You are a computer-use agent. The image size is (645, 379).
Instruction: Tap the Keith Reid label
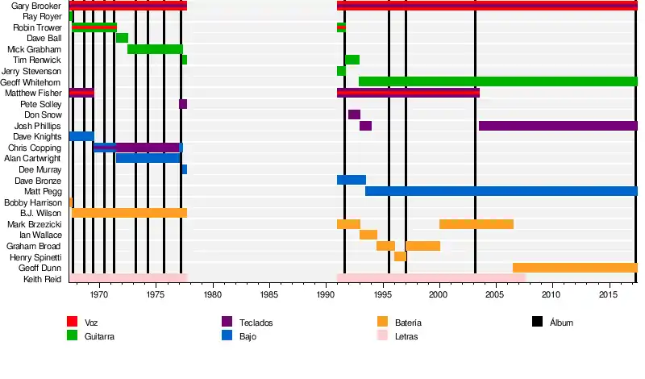click(x=42, y=279)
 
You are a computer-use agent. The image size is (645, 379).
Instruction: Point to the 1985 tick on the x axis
click(x=269, y=296)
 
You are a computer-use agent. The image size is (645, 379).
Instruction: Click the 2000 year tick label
click(x=439, y=296)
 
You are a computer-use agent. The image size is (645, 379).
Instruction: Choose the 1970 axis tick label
click(x=99, y=296)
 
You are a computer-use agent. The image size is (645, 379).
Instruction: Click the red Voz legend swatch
click(x=72, y=322)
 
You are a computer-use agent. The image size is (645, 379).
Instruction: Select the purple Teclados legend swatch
click(x=227, y=322)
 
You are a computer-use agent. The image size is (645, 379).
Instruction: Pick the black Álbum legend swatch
click(x=537, y=322)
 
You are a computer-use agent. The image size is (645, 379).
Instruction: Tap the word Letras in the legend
click(x=407, y=336)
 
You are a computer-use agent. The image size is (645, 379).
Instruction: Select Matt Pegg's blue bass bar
click(x=501, y=191)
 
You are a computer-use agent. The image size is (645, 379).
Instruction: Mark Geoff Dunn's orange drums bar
click(x=575, y=268)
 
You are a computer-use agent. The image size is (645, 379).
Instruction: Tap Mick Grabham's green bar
click(x=155, y=49)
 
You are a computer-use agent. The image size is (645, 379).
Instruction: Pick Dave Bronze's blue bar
click(x=352, y=180)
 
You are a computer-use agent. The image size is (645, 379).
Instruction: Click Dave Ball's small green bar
click(x=122, y=38)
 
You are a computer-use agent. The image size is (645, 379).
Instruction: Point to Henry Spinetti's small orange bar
click(x=400, y=256)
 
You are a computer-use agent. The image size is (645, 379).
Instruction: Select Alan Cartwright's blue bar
click(x=148, y=158)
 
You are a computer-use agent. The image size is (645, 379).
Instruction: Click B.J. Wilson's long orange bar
click(x=129, y=213)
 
